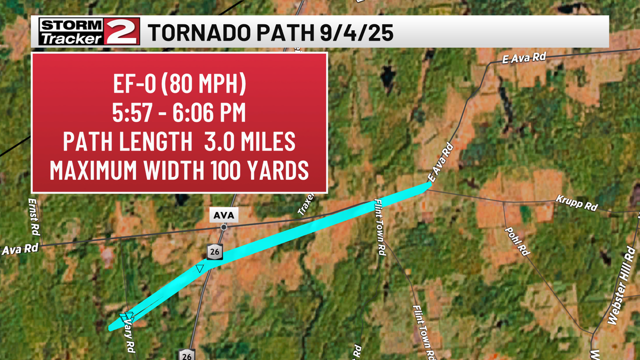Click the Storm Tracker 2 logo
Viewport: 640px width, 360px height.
(x=89, y=32)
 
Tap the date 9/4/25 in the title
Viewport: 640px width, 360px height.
(x=356, y=33)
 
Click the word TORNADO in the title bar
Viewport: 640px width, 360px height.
(x=199, y=33)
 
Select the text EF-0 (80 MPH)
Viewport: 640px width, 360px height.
(x=179, y=83)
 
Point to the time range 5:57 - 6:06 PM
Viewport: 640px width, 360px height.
(x=179, y=112)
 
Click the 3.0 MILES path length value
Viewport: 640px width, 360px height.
(x=250, y=141)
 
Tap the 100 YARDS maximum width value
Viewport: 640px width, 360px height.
(x=259, y=170)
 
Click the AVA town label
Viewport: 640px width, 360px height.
(x=224, y=215)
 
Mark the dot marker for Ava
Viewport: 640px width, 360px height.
(x=224, y=227)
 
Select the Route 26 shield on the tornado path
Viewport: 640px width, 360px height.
(x=215, y=252)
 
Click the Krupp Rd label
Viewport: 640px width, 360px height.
(x=576, y=203)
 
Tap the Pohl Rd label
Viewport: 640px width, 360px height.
(x=517, y=241)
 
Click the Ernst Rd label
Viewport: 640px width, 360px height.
(x=34, y=216)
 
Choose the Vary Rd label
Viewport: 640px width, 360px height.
(x=129, y=336)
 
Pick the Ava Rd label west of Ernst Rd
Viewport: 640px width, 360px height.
(x=20, y=249)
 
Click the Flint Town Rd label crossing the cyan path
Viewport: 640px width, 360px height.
(x=380, y=227)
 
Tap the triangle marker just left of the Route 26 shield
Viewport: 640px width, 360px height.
(x=199, y=269)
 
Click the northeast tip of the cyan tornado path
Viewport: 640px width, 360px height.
(x=430, y=184)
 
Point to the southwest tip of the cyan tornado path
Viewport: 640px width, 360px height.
(x=110, y=328)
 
